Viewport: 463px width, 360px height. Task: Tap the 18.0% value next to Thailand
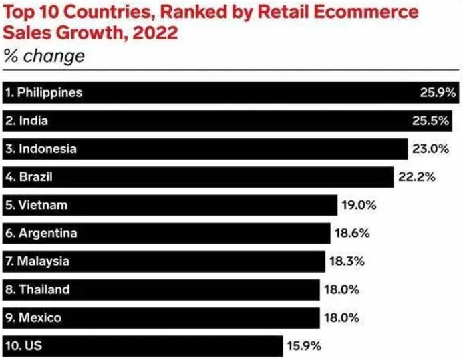click(341, 289)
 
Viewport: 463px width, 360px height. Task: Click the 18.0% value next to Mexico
click(341, 317)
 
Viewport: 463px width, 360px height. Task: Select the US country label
click(19, 345)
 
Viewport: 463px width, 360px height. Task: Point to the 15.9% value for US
click(305, 345)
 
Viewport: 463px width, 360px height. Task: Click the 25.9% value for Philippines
click(438, 93)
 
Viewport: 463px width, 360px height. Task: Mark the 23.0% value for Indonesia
click(429, 149)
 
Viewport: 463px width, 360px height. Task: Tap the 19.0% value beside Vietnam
click(359, 205)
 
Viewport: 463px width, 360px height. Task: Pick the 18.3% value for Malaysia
click(347, 261)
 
